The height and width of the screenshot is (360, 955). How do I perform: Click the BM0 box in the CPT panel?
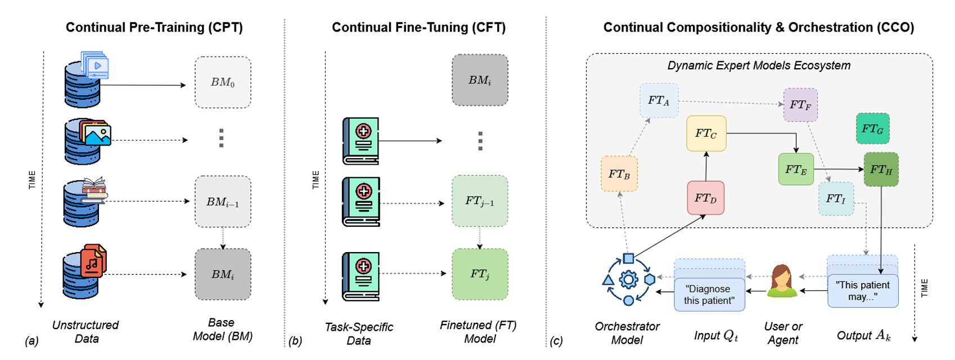coord(223,82)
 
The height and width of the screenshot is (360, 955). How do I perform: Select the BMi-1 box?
coord(223,201)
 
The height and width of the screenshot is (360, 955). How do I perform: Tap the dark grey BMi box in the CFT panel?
coord(480,80)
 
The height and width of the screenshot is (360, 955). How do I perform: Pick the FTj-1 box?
coord(480,201)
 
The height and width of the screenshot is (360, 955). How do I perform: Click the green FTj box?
coord(480,274)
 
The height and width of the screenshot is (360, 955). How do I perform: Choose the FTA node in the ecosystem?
coord(659,101)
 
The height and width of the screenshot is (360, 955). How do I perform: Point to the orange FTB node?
coord(619,174)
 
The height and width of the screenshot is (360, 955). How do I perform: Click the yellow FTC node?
coord(706,133)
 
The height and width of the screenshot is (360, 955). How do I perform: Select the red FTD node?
coord(705,197)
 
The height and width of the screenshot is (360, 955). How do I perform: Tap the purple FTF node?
coord(800,105)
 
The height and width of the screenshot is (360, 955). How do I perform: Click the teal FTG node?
coord(872,128)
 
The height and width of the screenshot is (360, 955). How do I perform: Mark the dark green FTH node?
coord(881,169)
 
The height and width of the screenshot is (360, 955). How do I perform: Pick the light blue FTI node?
coord(836,199)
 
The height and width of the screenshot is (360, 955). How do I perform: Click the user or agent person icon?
coord(782,281)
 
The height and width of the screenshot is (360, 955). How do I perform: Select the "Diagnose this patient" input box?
coord(709,294)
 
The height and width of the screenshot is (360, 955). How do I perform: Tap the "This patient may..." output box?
coord(863,290)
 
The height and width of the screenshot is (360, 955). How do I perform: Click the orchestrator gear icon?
coord(628,280)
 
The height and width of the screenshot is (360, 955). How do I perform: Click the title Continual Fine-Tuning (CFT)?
coord(418,27)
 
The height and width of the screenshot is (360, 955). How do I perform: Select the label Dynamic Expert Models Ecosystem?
coord(759,65)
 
